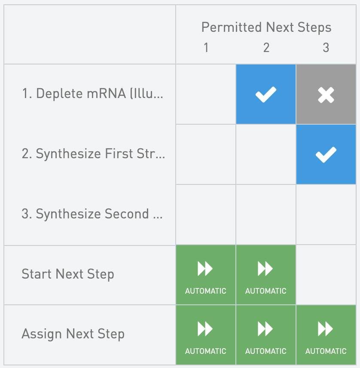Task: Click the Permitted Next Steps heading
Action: coord(266,28)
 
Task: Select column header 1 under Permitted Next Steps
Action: coord(206,48)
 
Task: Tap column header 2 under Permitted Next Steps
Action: coord(266,48)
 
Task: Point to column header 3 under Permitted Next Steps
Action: coord(326,48)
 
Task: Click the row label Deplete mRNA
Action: coord(92,94)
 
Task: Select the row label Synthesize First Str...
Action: coord(93,154)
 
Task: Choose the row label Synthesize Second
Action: coord(92,214)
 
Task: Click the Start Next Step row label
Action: coord(68,274)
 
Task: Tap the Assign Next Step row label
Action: coord(73,334)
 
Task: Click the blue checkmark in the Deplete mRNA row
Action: coord(266,94)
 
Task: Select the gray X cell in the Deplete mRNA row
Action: coord(326,94)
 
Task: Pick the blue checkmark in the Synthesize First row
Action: coord(326,154)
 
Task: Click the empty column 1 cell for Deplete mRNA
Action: coord(206,94)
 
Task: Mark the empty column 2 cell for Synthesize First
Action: coord(266,154)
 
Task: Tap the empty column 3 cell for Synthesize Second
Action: coord(326,215)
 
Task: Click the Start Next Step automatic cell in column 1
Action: coord(206,275)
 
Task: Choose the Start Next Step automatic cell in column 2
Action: coord(266,275)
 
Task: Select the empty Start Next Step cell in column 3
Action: coord(326,275)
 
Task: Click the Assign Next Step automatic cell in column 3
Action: coord(326,334)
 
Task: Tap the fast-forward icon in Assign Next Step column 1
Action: coord(205,329)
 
